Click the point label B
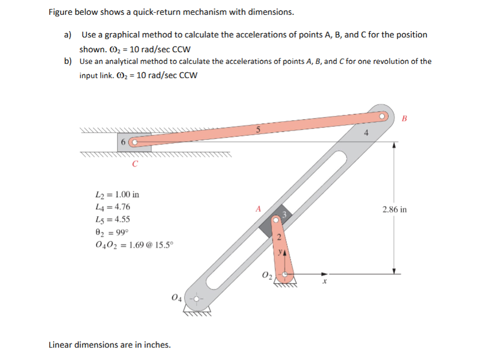[x=404, y=118]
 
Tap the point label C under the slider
[x=135, y=163]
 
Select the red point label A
[x=258, y=209]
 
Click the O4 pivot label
[x=177, y=298]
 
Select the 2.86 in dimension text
[x=394, y=209]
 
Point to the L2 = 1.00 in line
[x=117, y=194]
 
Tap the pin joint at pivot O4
[x=197, y=299]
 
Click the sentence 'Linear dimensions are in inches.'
[x=109, y=345]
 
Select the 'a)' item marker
[x=67, y=35]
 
